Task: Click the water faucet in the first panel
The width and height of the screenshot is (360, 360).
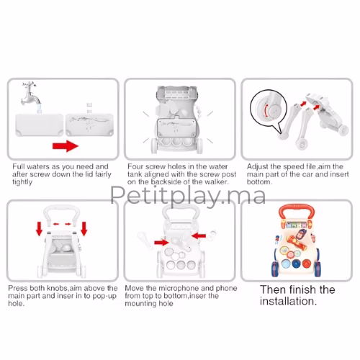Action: coord(30,95)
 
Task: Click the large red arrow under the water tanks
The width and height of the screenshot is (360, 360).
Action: coord(66,146)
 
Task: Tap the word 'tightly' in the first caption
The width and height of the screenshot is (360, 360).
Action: coord(22,182)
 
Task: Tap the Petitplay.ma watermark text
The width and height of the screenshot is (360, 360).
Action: coord(188,196)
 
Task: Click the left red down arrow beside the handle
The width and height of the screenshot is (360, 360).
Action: coord(39,229)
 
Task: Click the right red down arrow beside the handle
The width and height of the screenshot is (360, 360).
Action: coord(84,229)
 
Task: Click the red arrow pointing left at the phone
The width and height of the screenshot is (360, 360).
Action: coord(199,236)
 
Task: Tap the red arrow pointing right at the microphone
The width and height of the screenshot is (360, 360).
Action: coord(161,243)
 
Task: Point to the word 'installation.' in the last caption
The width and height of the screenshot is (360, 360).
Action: coord(288,301)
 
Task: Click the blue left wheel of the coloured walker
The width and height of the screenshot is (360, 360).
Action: coord(275,269)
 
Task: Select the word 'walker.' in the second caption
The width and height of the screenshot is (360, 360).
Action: coord(217,182)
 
